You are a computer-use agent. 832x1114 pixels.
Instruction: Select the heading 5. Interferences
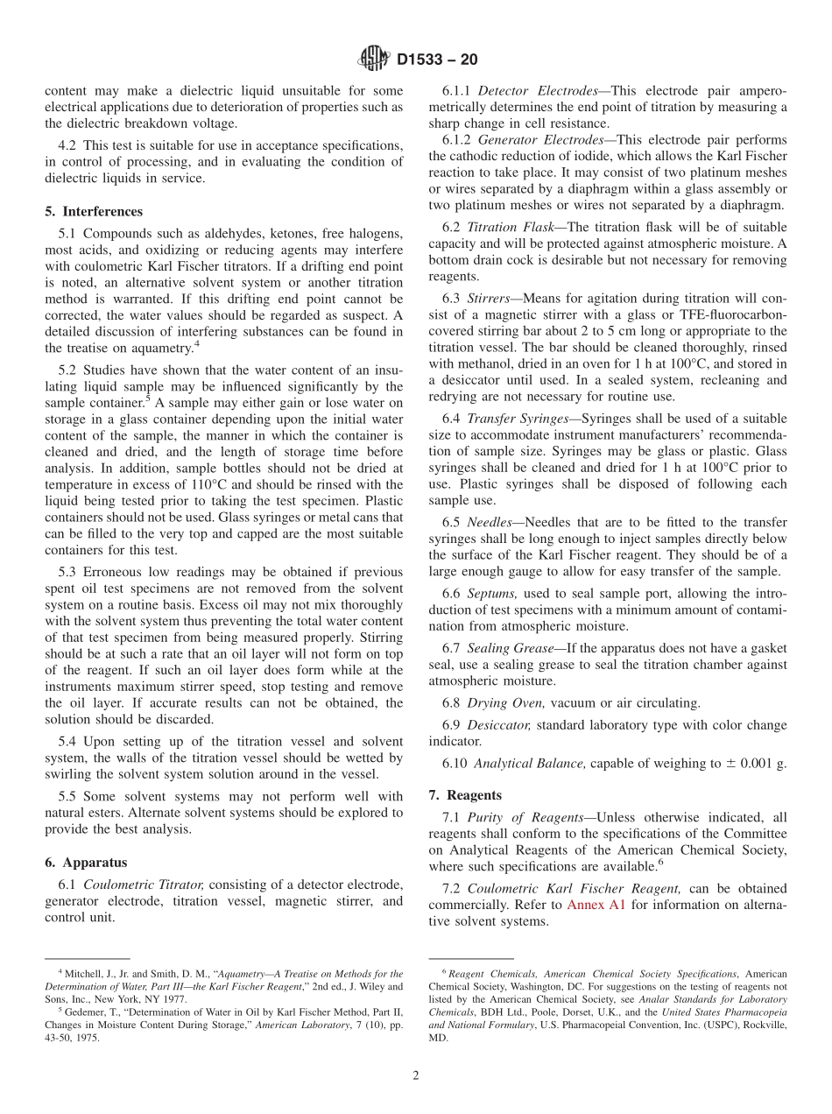point(94,212)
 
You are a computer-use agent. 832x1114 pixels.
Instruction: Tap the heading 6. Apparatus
point(86,863)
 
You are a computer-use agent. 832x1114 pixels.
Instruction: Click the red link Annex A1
point(596,905)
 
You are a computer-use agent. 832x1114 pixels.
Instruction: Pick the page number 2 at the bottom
point(416,1076)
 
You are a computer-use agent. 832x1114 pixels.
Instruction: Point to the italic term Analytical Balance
point(528,764)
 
